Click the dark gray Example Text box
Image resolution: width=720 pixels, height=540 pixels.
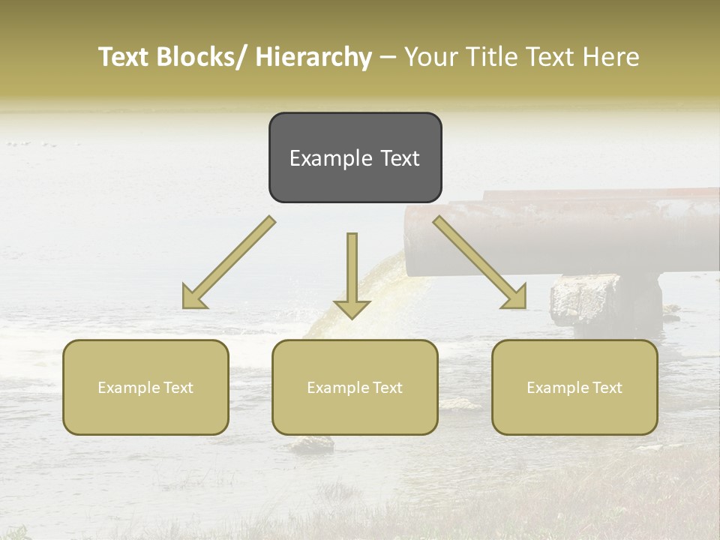(x=355, y=157)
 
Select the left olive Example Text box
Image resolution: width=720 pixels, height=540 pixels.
(x=145, y=387)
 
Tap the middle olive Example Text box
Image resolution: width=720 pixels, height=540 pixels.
(x=355, y=387)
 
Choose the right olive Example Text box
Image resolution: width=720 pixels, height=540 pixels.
(x=574, y=387)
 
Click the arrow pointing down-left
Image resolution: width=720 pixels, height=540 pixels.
(x=229, y=262)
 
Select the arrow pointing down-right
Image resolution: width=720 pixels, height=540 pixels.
(x=480, y=262)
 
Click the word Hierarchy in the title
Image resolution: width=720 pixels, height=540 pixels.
(x=313, y=57)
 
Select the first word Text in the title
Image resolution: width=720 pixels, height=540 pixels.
(x=125, y=57)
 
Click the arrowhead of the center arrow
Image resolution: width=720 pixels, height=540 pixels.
(x=352, y=308)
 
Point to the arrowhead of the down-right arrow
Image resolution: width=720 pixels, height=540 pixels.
(x=515, y=297)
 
